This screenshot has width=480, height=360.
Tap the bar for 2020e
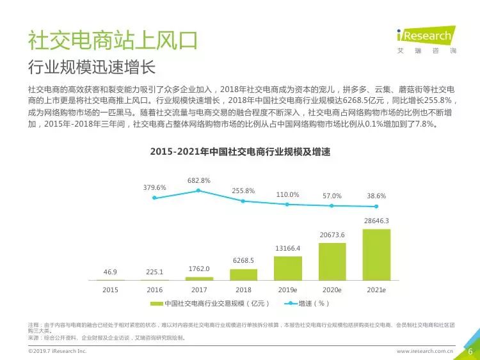point(332,262)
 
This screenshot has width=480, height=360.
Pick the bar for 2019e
point(287,269)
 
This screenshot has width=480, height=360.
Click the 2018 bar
point(243,275)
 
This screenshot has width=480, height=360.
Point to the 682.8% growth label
point(199,181)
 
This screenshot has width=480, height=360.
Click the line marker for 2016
point(154,198)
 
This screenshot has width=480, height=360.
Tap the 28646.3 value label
point(376,221)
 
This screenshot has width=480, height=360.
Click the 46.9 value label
point(110,272)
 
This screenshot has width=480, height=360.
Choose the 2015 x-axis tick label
point(110,290)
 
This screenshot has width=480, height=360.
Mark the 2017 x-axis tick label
point(199,290)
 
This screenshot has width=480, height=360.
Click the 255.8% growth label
point(243,191)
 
